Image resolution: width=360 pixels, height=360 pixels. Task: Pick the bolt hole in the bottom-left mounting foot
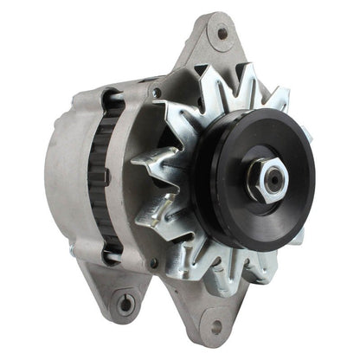pos(126,304)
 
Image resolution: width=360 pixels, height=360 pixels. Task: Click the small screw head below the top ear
pos(156,93)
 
